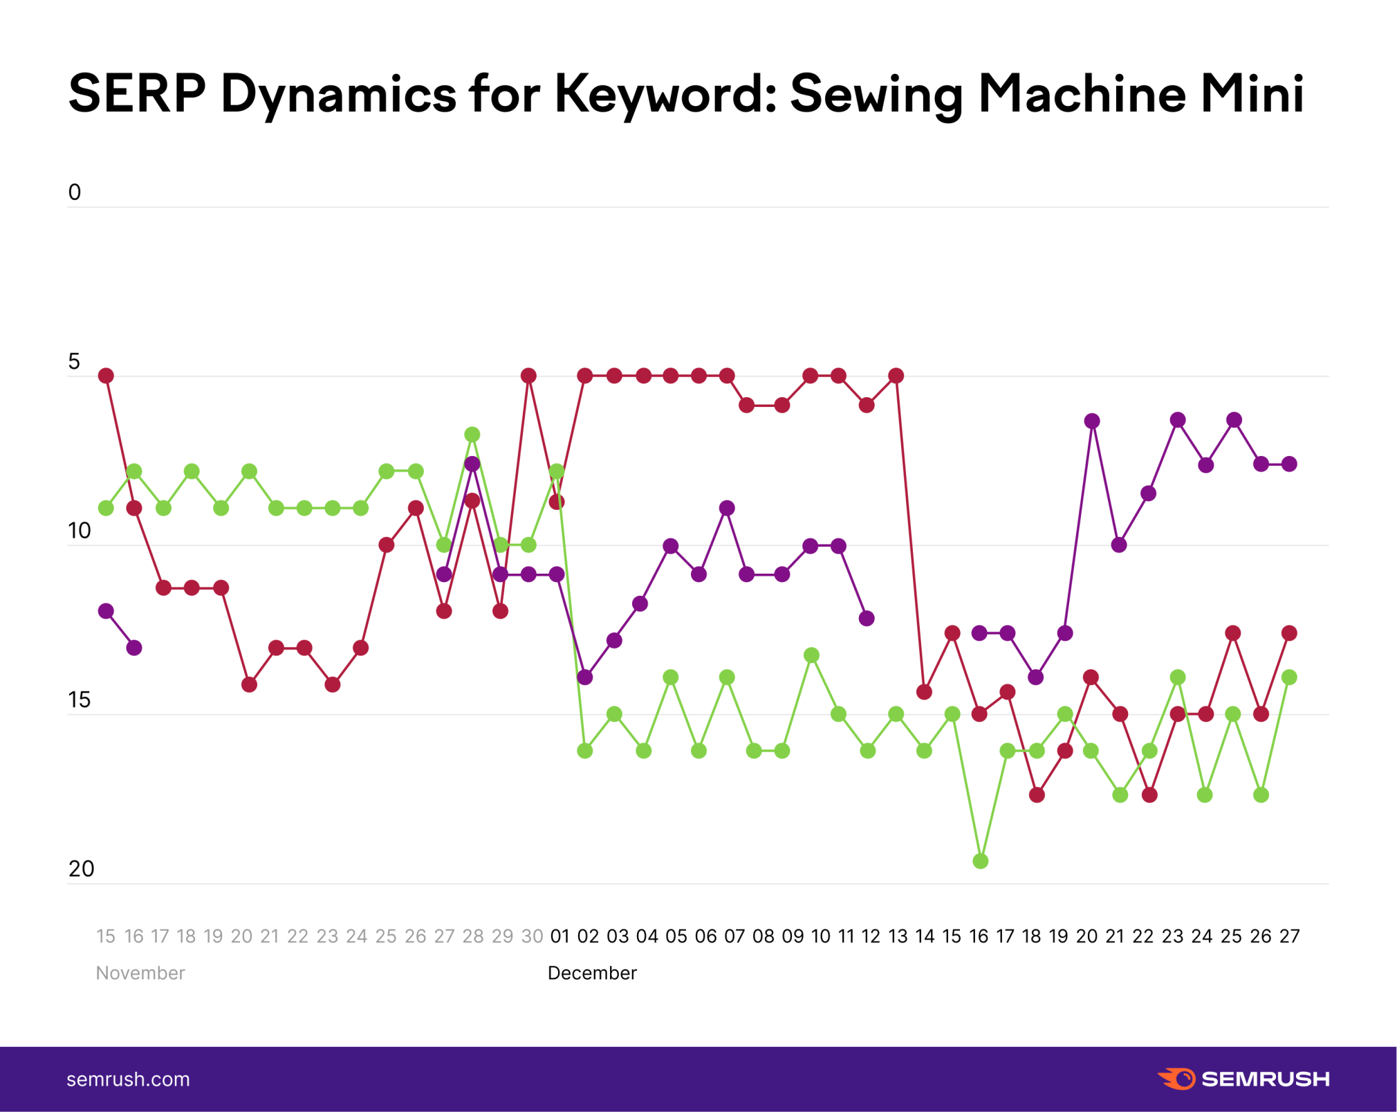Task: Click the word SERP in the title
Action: (x=137, y=93)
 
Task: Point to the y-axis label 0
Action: (x=75, y=192)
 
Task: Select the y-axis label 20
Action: (x=81, y=869)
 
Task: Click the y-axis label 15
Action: (x=80, y=700)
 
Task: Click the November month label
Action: (x=140, y=973)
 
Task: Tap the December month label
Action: (x=592, y=973)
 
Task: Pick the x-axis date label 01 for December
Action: (x=559, y=936)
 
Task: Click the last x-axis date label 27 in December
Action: (x=1289, y=936)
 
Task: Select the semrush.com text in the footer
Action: (x=128, y=1079)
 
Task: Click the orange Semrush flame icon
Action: (x=1176, y=1079)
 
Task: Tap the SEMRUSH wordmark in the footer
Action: (x=1266, y=1079)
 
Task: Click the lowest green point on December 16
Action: (x=980, y=862)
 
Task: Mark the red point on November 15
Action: (x=106, y=376)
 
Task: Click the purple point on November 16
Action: (x=134, y=648)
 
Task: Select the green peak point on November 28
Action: (x=472, y=435)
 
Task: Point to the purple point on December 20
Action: (x=1092, y=421)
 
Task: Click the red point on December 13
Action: (x=896, y=376)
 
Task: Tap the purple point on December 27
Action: (x=1289, y=464)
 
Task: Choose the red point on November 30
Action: (x=528, y=376)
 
